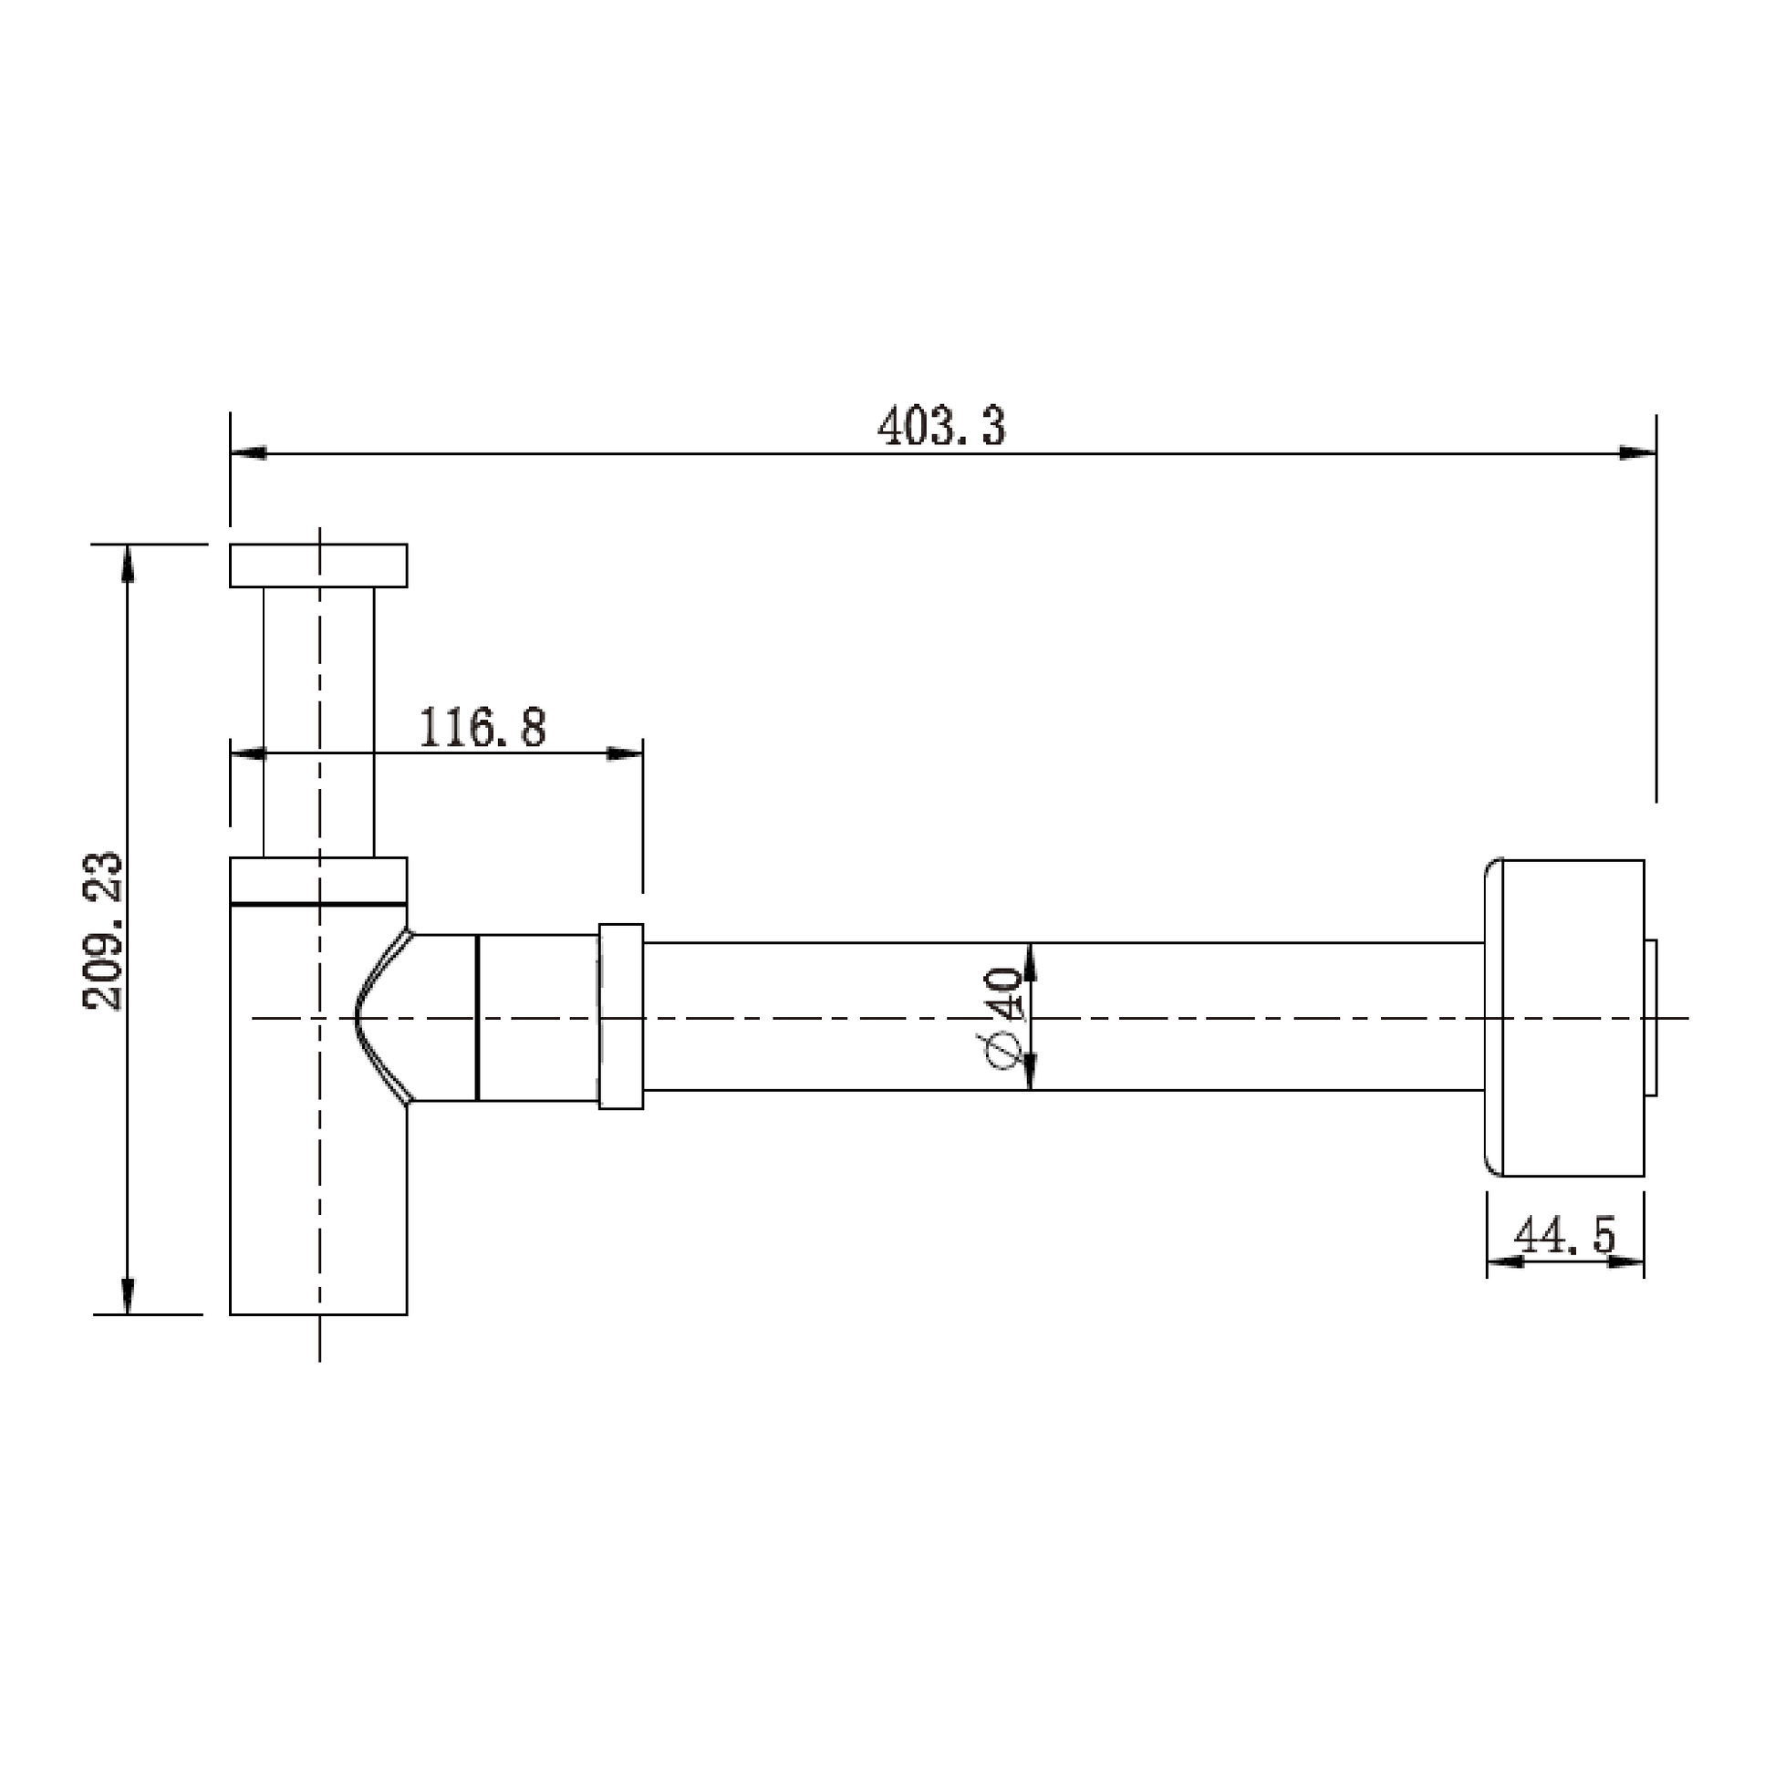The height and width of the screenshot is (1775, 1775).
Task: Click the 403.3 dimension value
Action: pos(941,426)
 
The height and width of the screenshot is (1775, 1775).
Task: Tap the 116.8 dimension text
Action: pos(483,727)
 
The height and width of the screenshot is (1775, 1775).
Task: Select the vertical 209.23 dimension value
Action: pos(102,930)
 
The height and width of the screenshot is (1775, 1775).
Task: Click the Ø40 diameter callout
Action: pos(1003,1018)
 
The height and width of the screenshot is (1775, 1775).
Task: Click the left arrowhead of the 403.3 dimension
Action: pos(248,453)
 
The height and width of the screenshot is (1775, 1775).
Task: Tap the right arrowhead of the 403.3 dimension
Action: pos(1637,453)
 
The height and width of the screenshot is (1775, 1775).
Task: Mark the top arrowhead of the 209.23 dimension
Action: pos(128,563)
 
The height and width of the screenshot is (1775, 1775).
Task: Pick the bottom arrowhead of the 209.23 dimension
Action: pos(128,1295)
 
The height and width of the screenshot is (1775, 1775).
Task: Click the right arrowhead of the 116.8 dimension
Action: pos(625,754)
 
